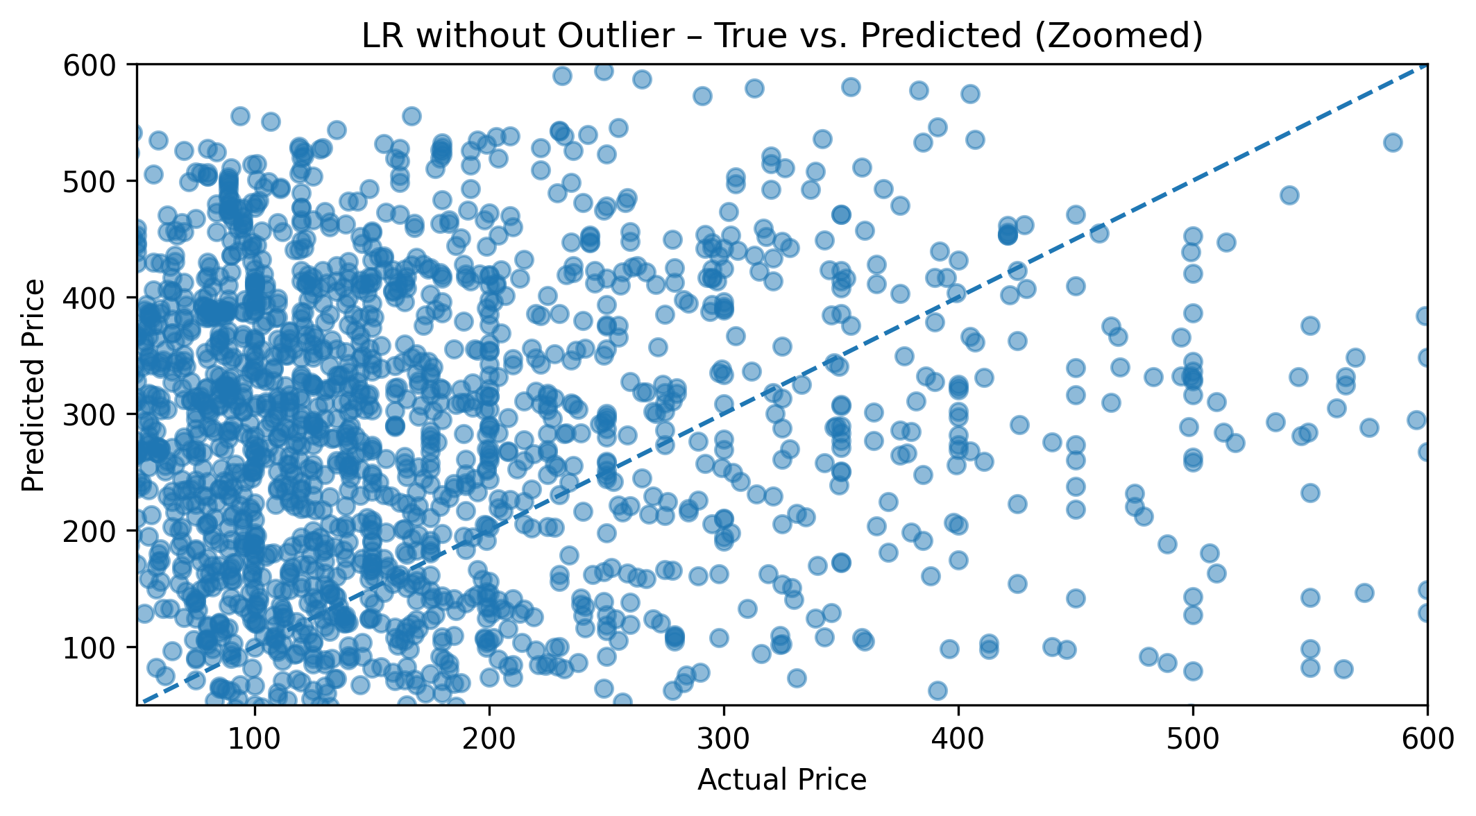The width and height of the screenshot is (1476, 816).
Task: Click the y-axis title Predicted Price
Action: click(x=33, y=385)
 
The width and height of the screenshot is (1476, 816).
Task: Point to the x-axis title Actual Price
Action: click(x=782, y=780)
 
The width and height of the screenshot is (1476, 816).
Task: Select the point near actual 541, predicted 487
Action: click(x=1289, y=195)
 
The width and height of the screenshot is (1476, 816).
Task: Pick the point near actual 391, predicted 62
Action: click(x=938, y=690)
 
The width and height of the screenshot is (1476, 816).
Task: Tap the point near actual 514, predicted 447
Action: click(x=1226, y=242)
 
